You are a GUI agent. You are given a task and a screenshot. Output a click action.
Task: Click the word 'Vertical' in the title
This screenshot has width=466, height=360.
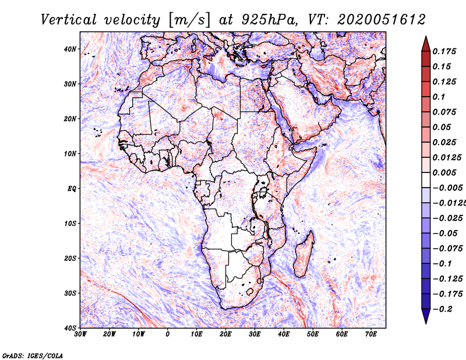click(69, 20)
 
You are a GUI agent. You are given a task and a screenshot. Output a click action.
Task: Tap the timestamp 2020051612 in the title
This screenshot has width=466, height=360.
click(382, 20)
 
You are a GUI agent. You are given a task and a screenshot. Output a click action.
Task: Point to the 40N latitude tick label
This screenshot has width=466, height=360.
click(70, 49)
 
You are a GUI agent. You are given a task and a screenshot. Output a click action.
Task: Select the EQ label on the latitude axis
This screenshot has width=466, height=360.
click(72, 189)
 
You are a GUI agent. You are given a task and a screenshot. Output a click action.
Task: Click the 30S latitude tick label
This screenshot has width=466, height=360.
click(70, 294)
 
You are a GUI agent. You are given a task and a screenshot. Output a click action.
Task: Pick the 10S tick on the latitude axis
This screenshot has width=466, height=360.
click(70, 224)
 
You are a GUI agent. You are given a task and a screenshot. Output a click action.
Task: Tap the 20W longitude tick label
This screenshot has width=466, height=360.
click(109, 334)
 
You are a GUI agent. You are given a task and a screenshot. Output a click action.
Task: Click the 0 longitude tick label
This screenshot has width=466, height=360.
click(167, 334)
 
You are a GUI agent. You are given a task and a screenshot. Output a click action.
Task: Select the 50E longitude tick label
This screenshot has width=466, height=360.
click(313, 334)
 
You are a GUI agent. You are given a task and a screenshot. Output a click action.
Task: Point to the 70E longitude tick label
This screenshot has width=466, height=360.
click(370, 334)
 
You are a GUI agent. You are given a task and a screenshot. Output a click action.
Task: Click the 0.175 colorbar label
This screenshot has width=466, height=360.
click(444, 52)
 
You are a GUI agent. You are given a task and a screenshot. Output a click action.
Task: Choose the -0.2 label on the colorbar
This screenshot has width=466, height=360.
click(443, 309)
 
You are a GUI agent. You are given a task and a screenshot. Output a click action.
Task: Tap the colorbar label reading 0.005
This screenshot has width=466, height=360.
click(444, 172)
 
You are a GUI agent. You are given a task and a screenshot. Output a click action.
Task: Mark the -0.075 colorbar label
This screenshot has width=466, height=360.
click(448, 249)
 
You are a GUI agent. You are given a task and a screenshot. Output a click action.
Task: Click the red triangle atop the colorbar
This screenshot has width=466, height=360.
click(426, 44)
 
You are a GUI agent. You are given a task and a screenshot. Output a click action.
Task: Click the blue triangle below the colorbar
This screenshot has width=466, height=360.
click(426, 316)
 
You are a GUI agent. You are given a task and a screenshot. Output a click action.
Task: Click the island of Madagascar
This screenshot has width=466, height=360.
click(303, 255)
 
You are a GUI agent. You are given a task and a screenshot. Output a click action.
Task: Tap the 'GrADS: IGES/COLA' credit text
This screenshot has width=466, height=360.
click(33, 355)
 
